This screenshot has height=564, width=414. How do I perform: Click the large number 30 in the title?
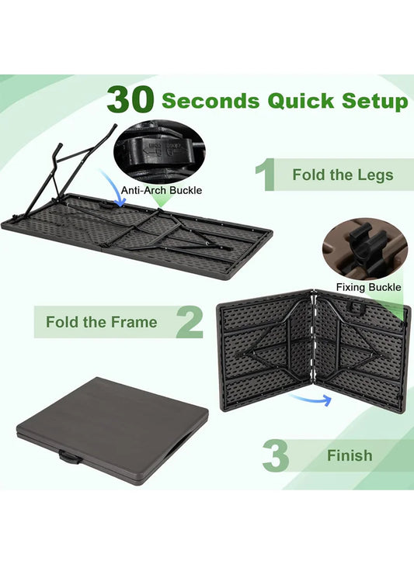click(130, 99)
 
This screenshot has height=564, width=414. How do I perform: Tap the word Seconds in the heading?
click(210, 100)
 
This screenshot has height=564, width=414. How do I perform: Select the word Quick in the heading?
click(301, 101)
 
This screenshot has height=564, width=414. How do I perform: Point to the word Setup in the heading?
click(375, 102)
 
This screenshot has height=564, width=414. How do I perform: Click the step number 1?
click(266, 175)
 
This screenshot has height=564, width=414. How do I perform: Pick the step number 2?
click(190, 322)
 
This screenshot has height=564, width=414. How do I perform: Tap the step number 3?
click(276, 455)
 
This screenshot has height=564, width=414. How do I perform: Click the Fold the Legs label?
click(343, 175)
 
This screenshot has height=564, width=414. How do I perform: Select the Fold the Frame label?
click(102, 322)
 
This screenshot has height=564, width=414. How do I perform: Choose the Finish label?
click(350, 455)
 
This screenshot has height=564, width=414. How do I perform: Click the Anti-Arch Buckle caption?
click(162, 190)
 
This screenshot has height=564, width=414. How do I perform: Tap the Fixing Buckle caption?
click(368, 287)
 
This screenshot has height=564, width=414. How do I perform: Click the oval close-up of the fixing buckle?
click(365, 249)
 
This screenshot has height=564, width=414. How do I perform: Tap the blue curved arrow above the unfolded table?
click(114, 188)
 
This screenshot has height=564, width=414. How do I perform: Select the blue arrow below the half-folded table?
click(311, 399)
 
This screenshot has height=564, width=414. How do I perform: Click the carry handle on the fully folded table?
click(69, 458)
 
